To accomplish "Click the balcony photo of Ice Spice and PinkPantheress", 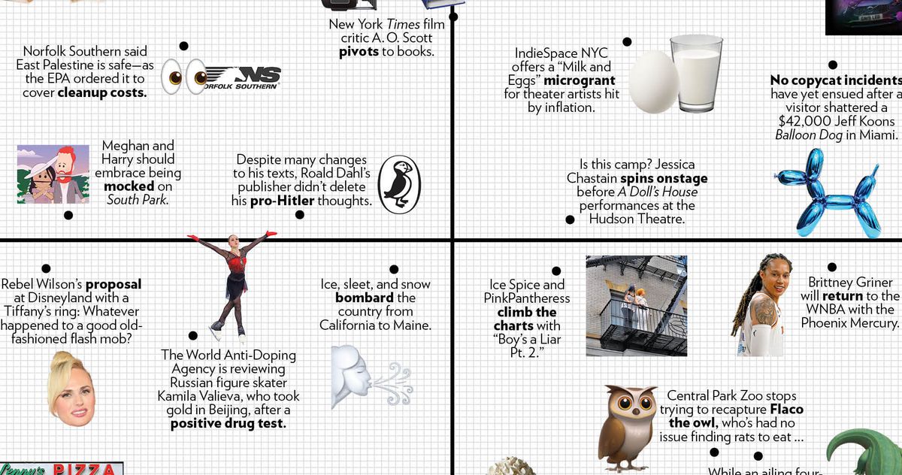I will click(x=636, y=305).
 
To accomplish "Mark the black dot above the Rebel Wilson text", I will click(x=46, y=268).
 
